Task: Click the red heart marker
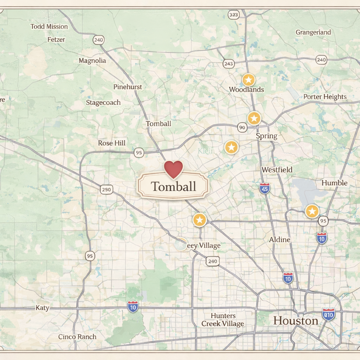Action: coord(174,169)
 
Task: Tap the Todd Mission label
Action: coord(49,26)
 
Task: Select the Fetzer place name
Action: coord(56,39)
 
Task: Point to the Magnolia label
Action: coord(92,60)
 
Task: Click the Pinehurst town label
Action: coord(128,86)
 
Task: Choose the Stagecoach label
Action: coord(103,102)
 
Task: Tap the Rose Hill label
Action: coord(112,143)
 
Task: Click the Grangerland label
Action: coord(313,32)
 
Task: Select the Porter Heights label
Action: coord(325,97)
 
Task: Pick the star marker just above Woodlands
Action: coord(248,80)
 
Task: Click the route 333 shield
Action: coord(233,14)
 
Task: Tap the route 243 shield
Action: coord(229,64)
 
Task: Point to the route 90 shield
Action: coord(242,127)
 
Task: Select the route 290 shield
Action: coord(107,189)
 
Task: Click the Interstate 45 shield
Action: coord(265,188)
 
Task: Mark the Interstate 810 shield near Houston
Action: coord(329,314)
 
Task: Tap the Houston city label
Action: coord(296,321)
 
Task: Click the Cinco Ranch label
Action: coord(77,336)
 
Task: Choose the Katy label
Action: coord(43,308)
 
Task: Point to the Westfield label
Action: coord(277,170)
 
